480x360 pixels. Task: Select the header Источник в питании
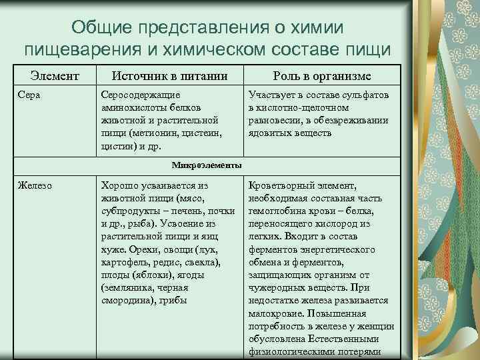pyautogui.click(x=169, y=75)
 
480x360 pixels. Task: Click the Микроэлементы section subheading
pyautogui.click(x=207, y=165)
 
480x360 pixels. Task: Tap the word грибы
pyautogui.click(x=173, y=300)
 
